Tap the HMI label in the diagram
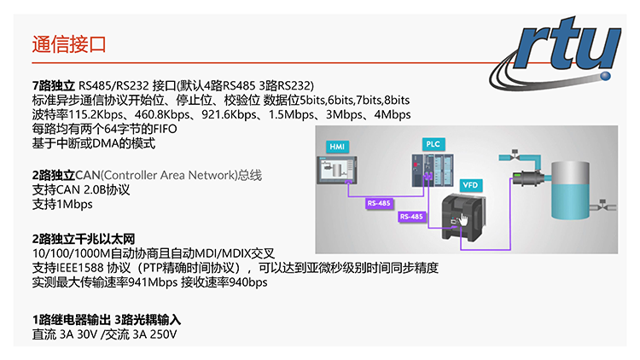click(336, 148)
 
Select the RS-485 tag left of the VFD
click(411, 218)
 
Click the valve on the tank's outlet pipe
click(602, 206)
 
